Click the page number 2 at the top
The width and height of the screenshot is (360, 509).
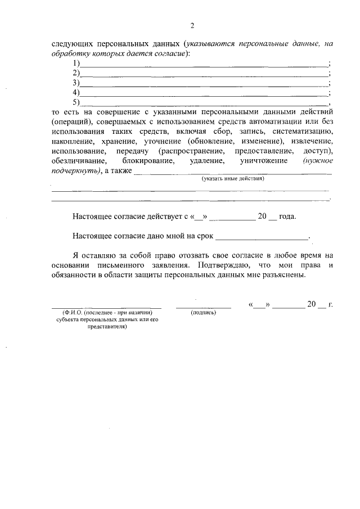[x=191, y=26]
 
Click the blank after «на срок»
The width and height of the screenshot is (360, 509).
[x=262, y=238]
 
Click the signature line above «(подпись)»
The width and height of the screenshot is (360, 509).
[x=204, y=307]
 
